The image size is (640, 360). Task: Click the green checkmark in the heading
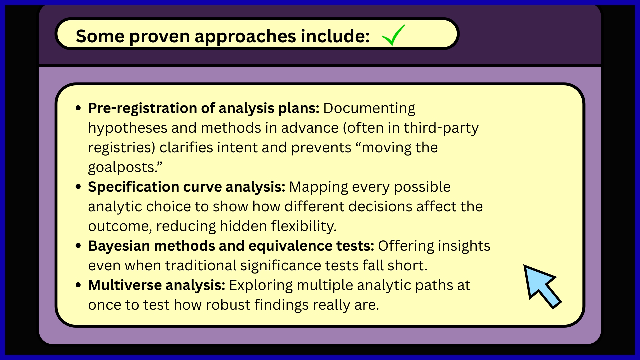pyautogui.click(x=393, y=35)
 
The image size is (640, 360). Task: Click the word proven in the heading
pyautogui.click(x=159, y=36)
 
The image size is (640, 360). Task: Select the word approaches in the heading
pyautogui.click(x=245, y=36)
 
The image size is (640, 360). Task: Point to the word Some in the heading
pyautogui.click(x=100, y=36)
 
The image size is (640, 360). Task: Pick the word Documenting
pyautogui.click(x=369, y=109)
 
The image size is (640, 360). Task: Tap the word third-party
pyautogui.click(x=441, y=128)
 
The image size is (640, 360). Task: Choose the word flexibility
pyautogui.click(x=304, y=226)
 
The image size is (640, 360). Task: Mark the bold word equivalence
pyautogui.click(x=290, y=246)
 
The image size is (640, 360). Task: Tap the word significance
pyautogui.click(x=281, y=266)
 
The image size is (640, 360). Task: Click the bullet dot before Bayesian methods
pyautogui.click(x=79, y=246)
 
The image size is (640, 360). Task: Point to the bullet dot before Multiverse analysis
pyautogui.click(x=79, y=285)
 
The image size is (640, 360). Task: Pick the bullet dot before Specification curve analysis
pyautogui.click(x=79, y=187)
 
